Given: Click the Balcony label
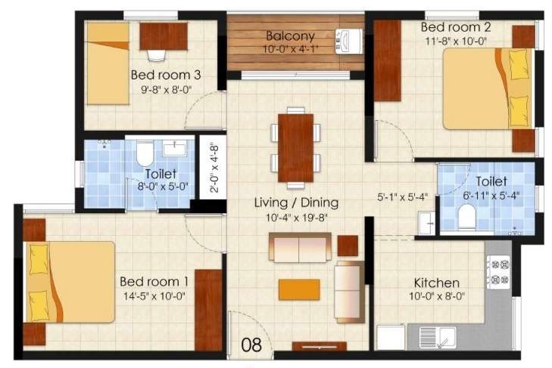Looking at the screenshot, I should [289, 36].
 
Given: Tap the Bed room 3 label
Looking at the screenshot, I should [165, 75].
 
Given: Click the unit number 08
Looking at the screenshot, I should [251, 345].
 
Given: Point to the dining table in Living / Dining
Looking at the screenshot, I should [295, 147].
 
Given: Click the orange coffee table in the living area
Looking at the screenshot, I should [298, 289].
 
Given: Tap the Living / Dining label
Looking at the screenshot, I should [295, 203].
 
